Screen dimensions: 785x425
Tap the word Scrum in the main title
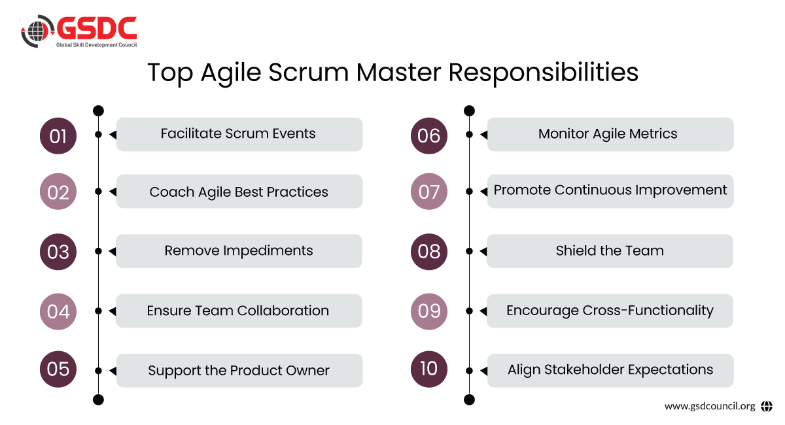tap(308, 73)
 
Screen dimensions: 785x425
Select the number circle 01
tap(58, 136)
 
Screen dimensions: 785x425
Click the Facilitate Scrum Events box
tap(239, 135)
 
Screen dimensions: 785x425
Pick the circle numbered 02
tap(58, 192)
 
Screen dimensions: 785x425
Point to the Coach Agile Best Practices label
tap(239, 192)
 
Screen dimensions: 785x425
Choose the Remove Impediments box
tap(239, 251)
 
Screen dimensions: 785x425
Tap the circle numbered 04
tap(58, 311)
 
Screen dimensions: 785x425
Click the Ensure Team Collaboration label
tap(238, 311)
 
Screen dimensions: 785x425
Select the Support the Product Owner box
tap(239, 371)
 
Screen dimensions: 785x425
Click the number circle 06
tap(429, 136)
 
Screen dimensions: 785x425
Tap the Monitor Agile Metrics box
tap(610, 135)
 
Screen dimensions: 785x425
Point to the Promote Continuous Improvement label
tap(610, 190)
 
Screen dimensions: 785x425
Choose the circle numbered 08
tap(429, 252)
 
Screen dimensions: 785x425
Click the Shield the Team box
tap(610, 251)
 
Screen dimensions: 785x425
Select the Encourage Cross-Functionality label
tap(610, 311)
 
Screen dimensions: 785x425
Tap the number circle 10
tap(429, 369)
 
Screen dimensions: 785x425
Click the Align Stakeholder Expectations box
tap(610, 371)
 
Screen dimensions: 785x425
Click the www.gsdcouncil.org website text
tap(710, 407)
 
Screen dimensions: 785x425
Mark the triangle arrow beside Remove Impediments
tap(113, 251)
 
